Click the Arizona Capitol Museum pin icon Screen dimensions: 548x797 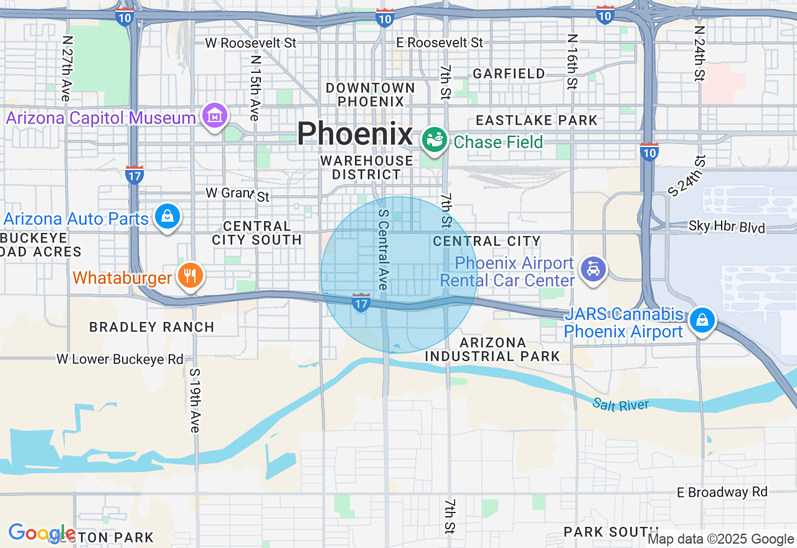[x=215, y=116]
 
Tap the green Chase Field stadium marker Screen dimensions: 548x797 [x=434, y=139]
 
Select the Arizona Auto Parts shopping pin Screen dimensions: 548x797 [x=167, y=216]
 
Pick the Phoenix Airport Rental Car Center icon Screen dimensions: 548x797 [x=593, y=269]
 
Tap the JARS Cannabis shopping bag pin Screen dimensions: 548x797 [x=702, y=320]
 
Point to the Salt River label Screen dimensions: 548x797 [x=620, y=405]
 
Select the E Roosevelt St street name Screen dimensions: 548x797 [x=440, y=42]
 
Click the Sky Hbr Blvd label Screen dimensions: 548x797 [x=727, y=228]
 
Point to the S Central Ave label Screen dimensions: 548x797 [x=384, y=249]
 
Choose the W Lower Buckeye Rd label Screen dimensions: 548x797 [x=120, y=359]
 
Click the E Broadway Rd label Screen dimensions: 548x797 [x=722, y=493]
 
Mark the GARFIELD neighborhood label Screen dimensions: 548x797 [x=509, y=73]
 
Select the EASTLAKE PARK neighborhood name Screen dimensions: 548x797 [x=536, y=120]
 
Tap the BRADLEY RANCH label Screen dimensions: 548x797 [x=151, y=327]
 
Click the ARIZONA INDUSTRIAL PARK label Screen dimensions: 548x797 [x=493, y=349]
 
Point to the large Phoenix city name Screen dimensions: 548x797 [x=354, y=134]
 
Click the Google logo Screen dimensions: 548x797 [x=42, y=533]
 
